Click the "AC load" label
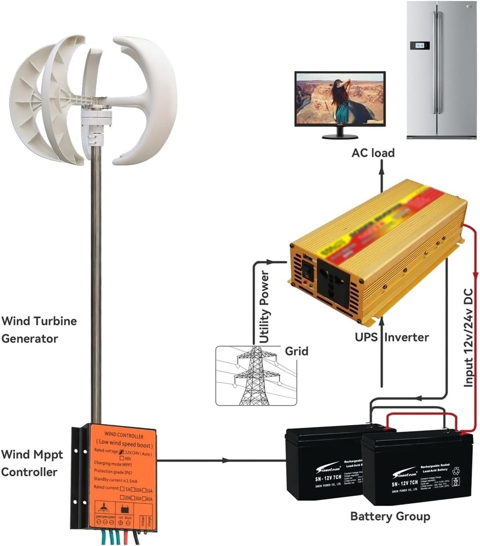[373, 153]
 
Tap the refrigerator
[442, 70]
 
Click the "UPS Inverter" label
[392, 337]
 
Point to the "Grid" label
[296, 351]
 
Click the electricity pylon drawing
[256, 376]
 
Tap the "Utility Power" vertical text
[265, 307]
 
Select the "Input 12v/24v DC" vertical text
[468, 337]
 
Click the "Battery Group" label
[390, 516]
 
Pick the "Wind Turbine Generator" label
[39, 330]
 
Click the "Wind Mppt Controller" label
[32, 463]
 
